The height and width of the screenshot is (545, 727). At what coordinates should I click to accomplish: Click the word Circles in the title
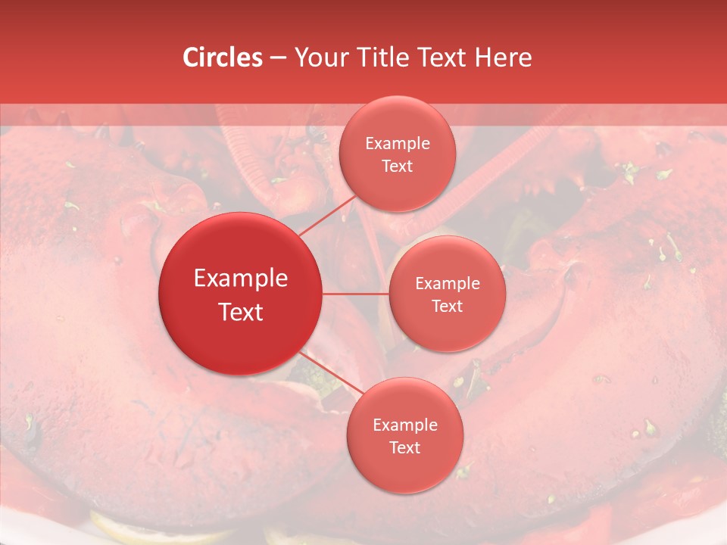(x=223, y=58)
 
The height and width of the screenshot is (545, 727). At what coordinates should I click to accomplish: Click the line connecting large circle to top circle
(x=327, y=214)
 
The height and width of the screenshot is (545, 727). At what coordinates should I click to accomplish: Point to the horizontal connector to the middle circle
(x=356, y=293)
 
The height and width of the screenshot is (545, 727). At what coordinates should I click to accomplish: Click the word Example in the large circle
(x=241, y=279)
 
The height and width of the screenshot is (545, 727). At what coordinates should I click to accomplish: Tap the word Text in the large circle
(x=241, y=312)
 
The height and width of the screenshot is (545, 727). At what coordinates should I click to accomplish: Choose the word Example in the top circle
(x=397, y=144)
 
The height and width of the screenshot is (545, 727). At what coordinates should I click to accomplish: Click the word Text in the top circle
(x=397, y=167)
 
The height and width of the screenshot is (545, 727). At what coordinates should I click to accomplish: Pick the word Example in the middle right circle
(x=447, y=284)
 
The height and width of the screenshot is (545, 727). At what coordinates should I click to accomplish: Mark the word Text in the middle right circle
(x=447, y=307)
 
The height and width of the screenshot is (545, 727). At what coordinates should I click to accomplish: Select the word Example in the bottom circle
(x=404, y=425)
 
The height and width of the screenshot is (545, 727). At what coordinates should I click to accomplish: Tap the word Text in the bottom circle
(x=404, y=448)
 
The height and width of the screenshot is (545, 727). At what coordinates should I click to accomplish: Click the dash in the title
(x=278, y=58)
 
